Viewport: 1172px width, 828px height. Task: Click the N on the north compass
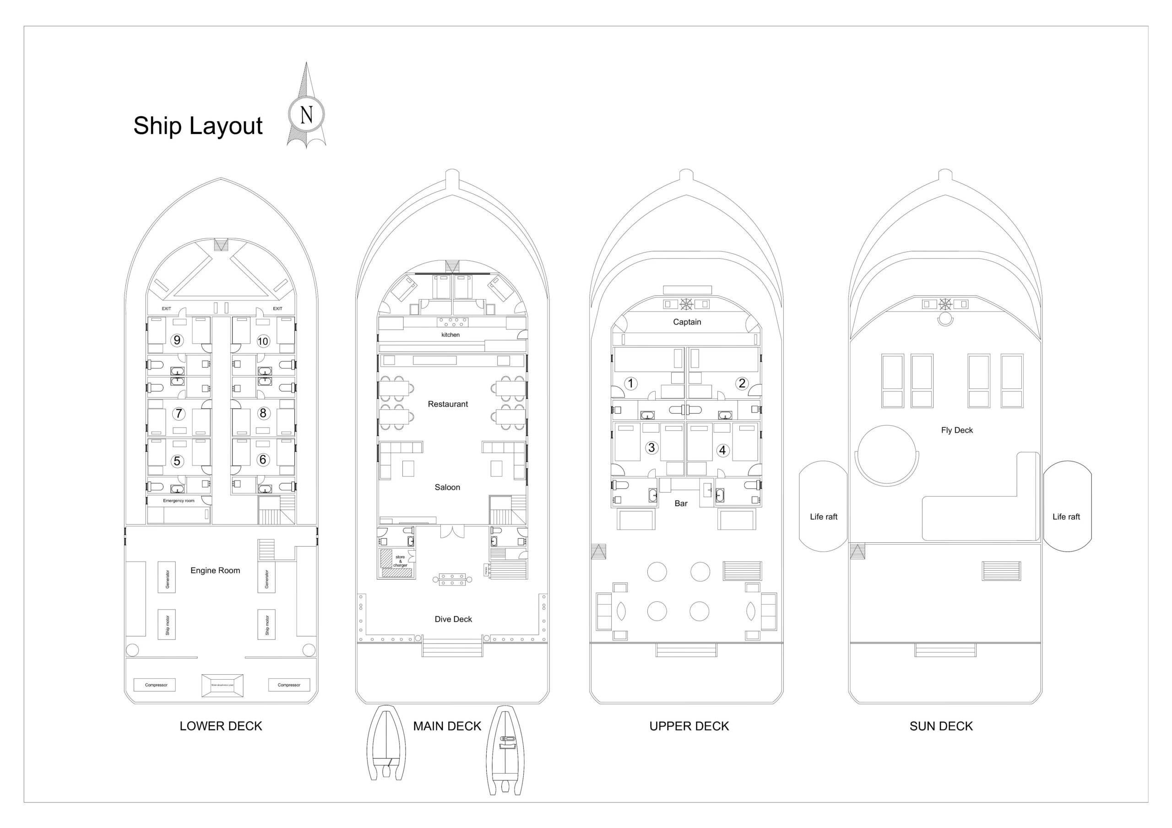[x=306, y=114]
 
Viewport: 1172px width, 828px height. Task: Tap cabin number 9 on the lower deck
[x=177, y=340]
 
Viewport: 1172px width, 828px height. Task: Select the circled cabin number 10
[x=263, y=341]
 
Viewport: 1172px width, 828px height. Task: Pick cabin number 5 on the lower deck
[x=177, y=461]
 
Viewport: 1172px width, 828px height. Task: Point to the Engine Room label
[x=215, y=570]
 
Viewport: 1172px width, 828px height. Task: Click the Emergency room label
[x=179, y=501]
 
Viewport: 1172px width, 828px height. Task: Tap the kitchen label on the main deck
[x=450, y=335]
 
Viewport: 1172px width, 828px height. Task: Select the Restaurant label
[x=448, y=404]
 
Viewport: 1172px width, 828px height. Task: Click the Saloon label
[x=447, y=487]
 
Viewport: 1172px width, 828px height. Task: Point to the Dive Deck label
[x=453, y=619]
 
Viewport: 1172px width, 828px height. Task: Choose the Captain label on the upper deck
[x=687, y=322]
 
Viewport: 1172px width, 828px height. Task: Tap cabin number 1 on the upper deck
[x=630, y=384]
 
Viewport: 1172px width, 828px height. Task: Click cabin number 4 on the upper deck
[x=722, y=450]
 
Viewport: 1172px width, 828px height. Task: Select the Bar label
[x=681, y=503]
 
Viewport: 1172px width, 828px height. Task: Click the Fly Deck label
[x=956, y=430]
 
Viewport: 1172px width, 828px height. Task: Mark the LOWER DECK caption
[x=221, y=726]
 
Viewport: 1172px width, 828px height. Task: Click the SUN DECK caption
[x=941, y=726]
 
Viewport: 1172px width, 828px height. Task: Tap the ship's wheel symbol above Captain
[x=686, y=304]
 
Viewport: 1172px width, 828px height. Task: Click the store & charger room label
[x=400, y=561]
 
